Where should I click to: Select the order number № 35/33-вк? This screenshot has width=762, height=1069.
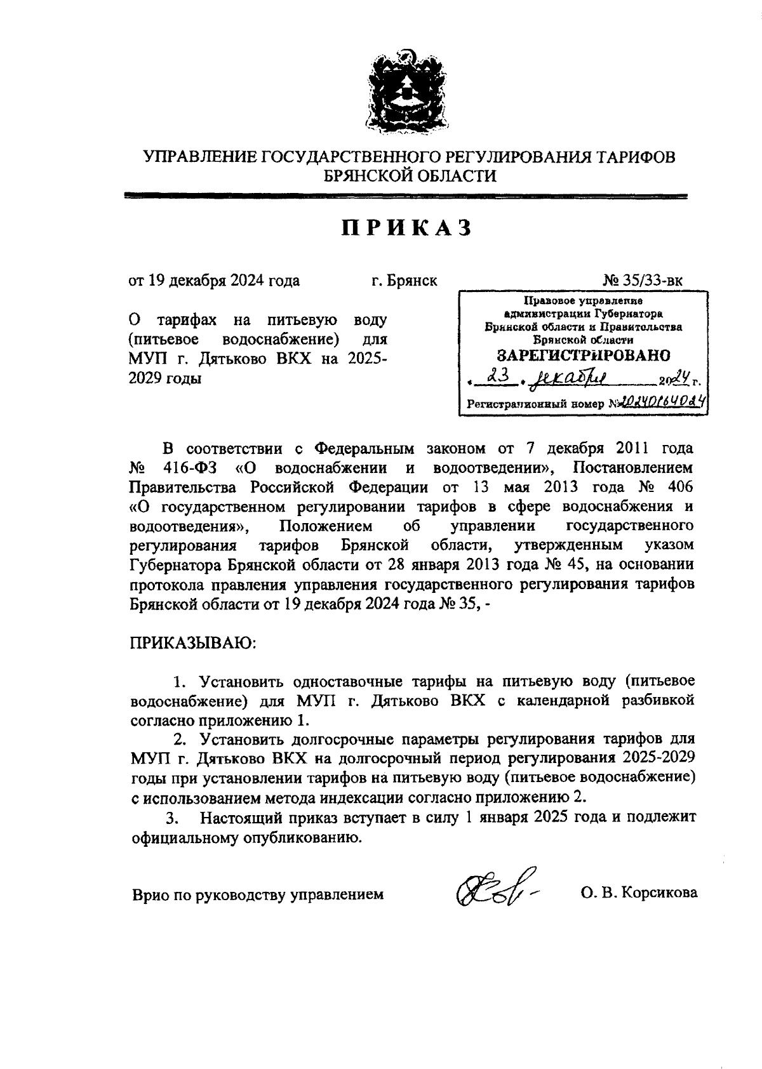point(642,281)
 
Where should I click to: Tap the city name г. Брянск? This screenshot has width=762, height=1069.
point(404,281)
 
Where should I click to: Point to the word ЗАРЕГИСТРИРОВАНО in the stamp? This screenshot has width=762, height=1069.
point(583,355)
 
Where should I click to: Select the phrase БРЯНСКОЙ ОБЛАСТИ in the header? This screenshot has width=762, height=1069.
point(410,176)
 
